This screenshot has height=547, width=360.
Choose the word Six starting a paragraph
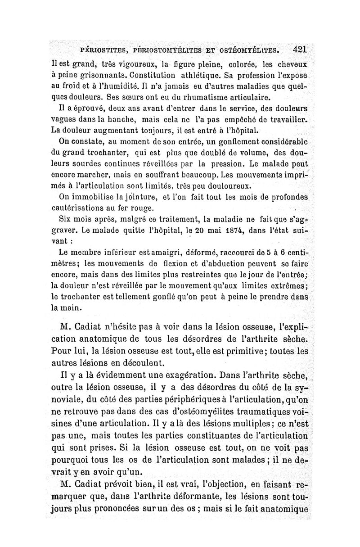click(x=67, y=220)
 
